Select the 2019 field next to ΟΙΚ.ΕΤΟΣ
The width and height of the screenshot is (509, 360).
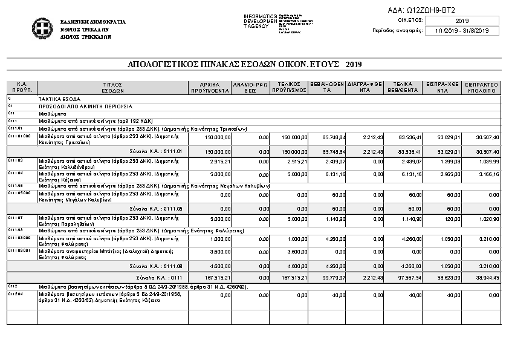click(x=462, y=21)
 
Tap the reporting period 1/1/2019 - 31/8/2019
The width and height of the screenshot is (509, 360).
click(x=462, y=31)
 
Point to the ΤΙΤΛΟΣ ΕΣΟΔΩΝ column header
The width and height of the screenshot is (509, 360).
click(x=112, y=87)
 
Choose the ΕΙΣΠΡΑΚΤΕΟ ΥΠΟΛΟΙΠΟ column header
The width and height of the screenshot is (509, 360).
click(x=482, y=87)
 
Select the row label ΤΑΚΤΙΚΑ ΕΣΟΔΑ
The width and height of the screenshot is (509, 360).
click(x=59, y=98)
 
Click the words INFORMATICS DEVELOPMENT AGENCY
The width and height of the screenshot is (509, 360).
click(x=260, y=21)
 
